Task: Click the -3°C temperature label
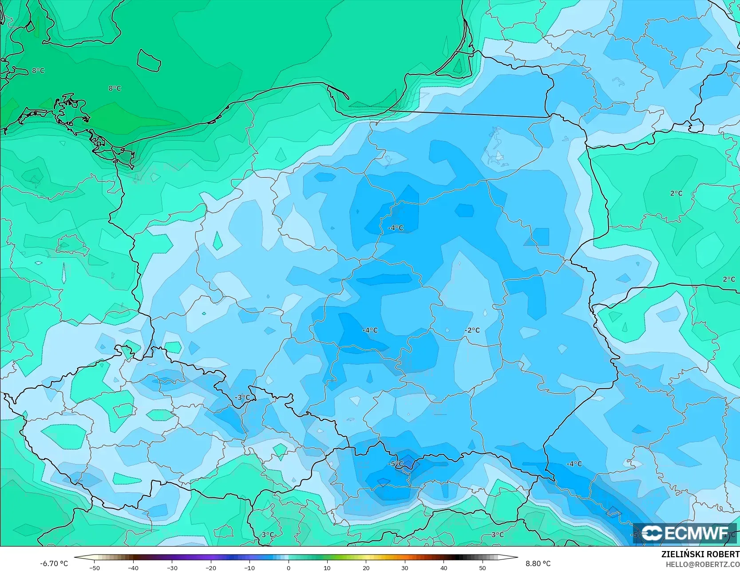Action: coord(243,398)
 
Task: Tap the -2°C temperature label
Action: coord(472,330)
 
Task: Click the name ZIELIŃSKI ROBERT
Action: coord(700,555)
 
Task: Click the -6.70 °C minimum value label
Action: coord(54,563)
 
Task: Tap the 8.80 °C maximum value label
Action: coord(538,563)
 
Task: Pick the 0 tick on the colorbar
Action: coord(289,567)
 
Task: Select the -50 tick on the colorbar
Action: coord(94,567)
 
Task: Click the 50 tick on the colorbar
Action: coord(483,567)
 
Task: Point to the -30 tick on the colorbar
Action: coord(172,567)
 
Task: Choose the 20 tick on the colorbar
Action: coord(366,567)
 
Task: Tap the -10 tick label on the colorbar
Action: coord(249,567)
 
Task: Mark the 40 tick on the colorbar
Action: coord(444,567)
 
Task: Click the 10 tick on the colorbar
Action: coord(327,567)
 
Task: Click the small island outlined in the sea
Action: coord(148,60)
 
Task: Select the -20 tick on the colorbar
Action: coord(211,567)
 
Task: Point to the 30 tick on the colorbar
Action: coord(405,567)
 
